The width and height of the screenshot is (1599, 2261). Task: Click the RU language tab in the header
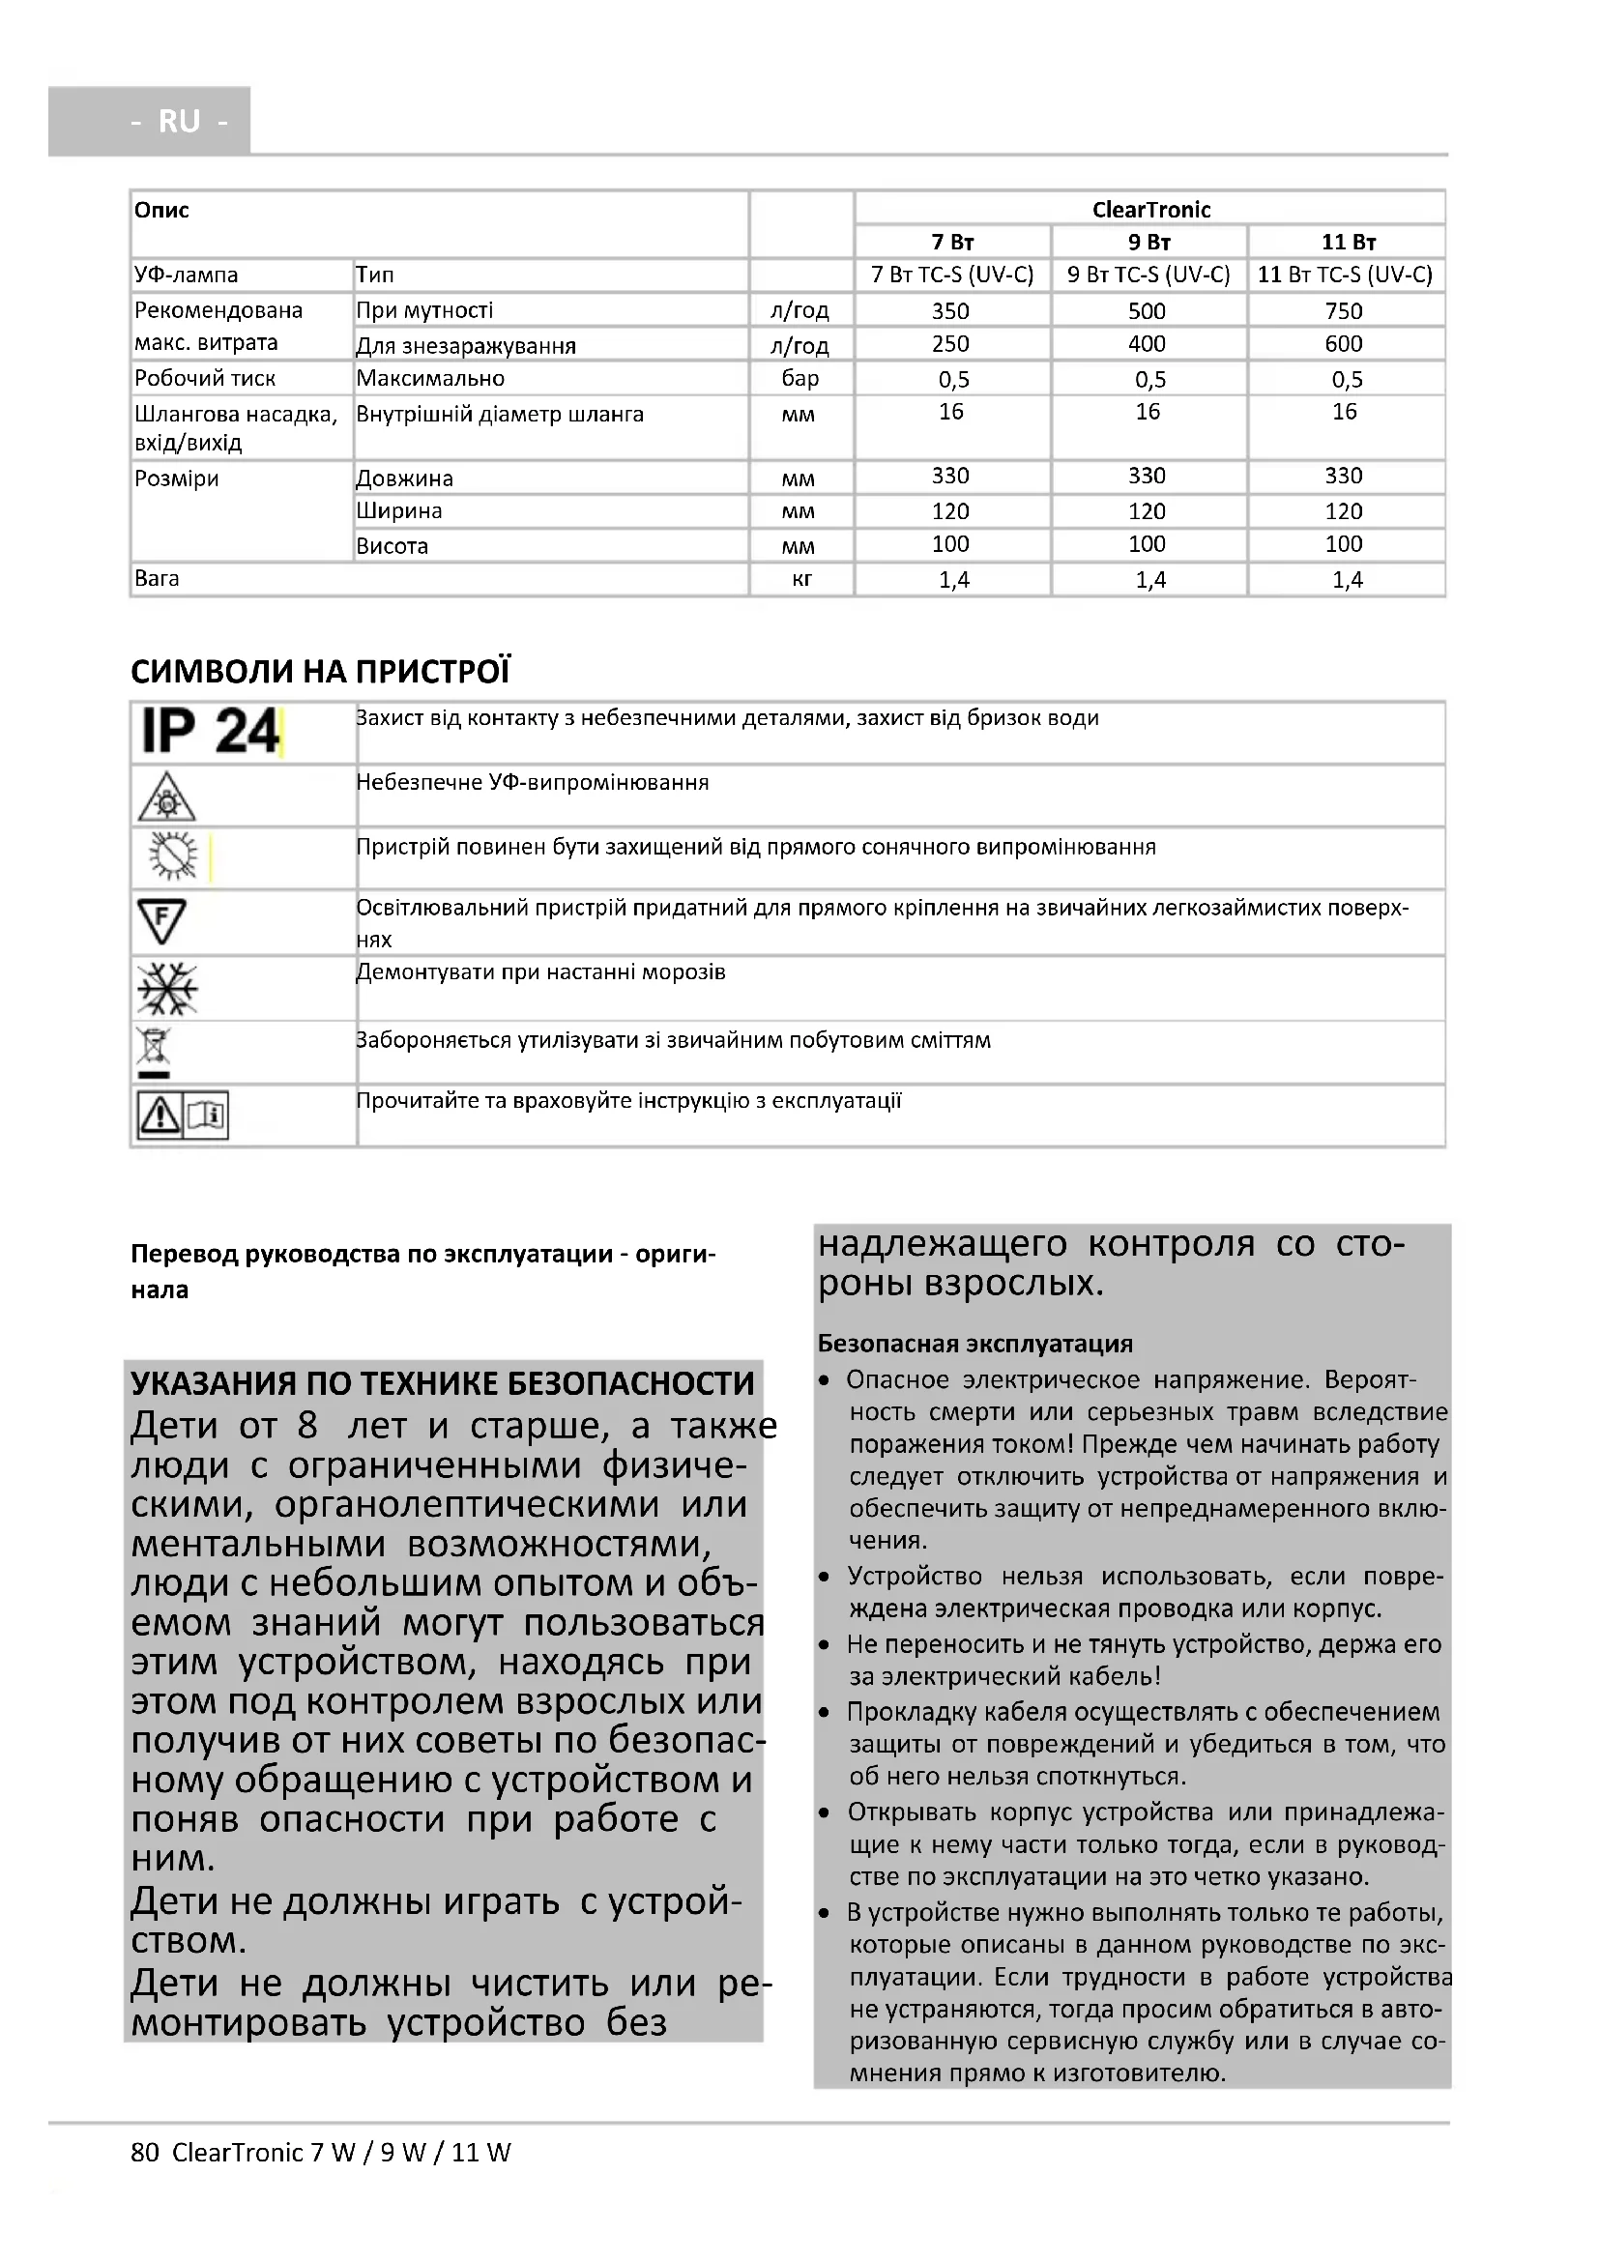(179, 121)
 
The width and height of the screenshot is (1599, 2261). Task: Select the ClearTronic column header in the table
(1150, 209)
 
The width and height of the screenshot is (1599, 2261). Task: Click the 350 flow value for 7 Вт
(950, 311)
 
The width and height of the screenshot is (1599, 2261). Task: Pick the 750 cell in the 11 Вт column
(1343, 311)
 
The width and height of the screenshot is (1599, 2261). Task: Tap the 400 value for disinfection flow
(1148, 344)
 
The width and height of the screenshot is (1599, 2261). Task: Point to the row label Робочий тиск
(205, 378)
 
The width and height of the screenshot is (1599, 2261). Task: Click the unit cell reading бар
(799, 378)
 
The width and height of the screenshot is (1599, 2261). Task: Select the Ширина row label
(398, 511)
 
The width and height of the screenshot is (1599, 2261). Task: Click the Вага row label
(157, 578)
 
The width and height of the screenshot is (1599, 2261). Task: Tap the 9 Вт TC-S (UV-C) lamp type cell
(1148, 275)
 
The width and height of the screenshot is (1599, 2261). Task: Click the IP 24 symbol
(210, 732)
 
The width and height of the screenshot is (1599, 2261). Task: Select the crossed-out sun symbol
(172, 855)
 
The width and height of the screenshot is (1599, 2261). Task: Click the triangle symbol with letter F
(161, 922)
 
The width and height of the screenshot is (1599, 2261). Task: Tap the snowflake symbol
(167, 988)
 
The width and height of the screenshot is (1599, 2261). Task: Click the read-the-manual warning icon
(183, 1116)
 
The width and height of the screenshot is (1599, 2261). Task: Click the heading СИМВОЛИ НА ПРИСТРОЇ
(320, 672)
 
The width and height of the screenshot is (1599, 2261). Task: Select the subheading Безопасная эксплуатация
(974, 1345)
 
